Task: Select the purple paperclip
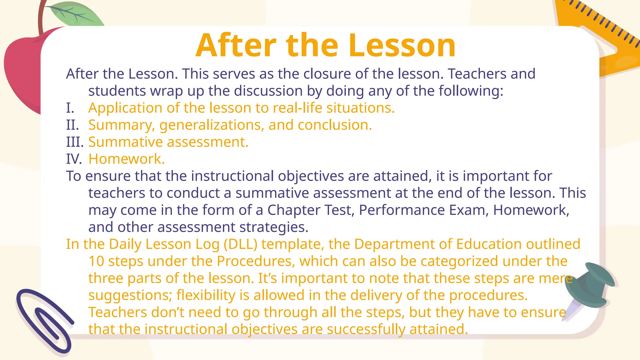(x=44, y=322)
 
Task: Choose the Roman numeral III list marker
(x=75, y=142)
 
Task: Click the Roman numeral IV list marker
(x=74, y=159)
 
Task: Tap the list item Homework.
(x=126, y=159)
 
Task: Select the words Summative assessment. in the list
(x=168, y=142)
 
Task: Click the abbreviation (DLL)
(x=240, y=244)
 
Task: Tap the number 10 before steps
(x=96, y=261)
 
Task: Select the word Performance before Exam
(x=402, y=210)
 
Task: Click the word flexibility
(x=206, y=295)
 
